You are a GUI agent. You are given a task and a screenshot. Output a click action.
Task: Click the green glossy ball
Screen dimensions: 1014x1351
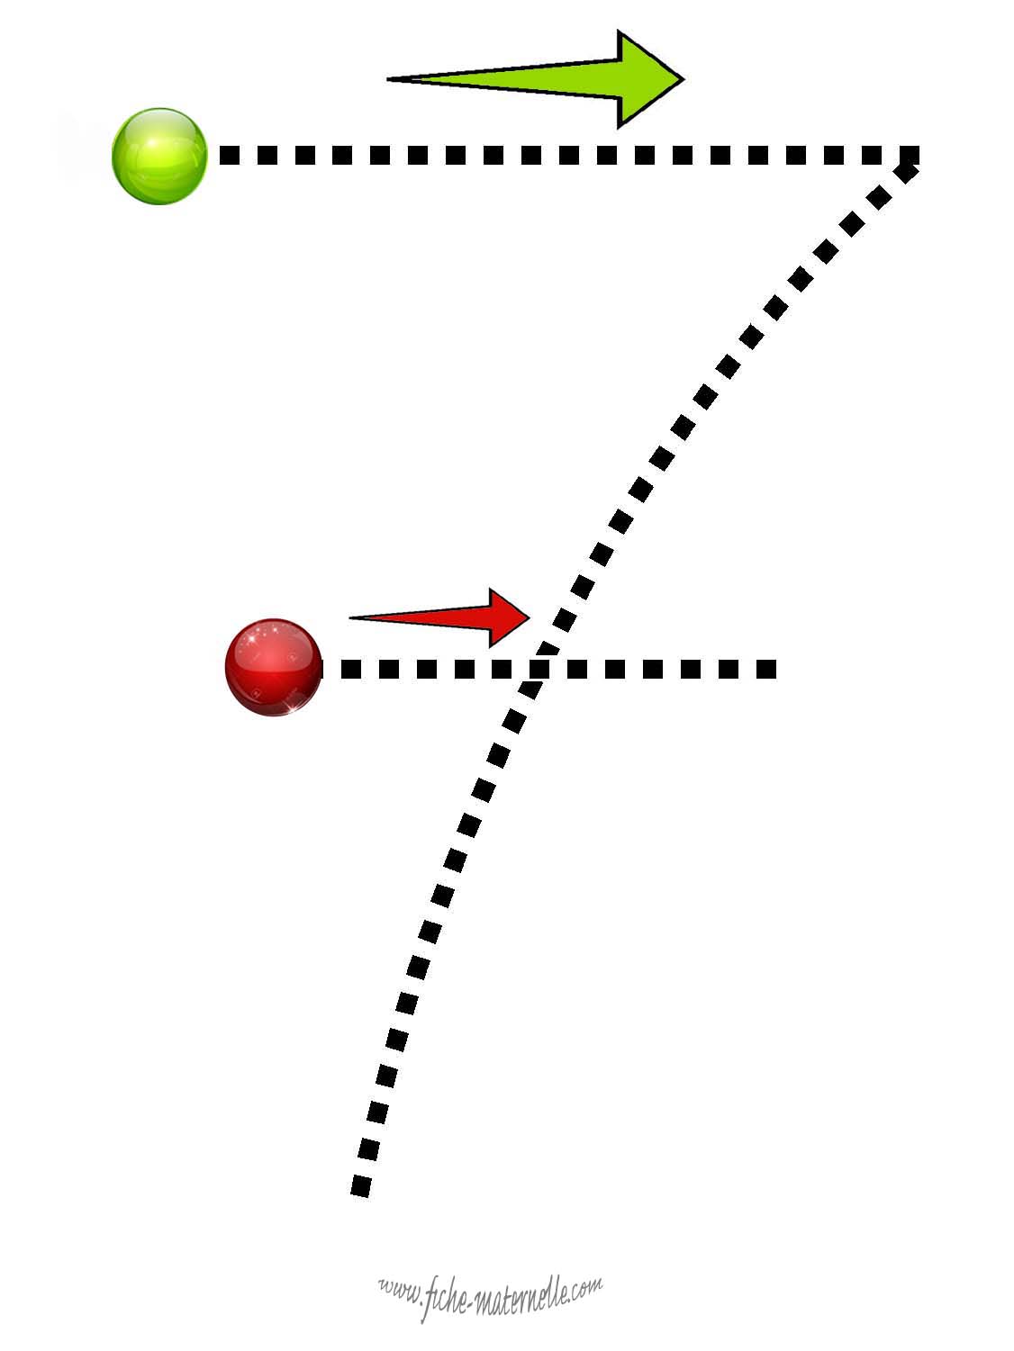159,157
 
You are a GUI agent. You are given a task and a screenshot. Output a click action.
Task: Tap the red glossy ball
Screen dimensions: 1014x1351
274,668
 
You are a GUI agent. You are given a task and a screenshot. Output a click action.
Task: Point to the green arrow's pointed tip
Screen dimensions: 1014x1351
684,79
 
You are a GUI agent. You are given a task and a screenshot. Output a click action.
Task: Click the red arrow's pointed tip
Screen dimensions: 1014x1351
530,617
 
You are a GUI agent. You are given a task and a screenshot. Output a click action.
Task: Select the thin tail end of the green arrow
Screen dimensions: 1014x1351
388,79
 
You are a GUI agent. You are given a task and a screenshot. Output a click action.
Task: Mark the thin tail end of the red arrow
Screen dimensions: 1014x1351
350,617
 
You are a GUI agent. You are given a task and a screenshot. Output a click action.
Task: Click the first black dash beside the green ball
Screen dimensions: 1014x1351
230,155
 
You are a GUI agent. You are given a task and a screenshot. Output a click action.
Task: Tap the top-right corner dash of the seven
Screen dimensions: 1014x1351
910,155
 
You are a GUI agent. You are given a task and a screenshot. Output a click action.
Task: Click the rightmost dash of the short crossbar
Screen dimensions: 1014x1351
765,669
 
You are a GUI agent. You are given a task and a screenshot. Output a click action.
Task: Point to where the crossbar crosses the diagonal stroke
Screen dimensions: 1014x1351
539,669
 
